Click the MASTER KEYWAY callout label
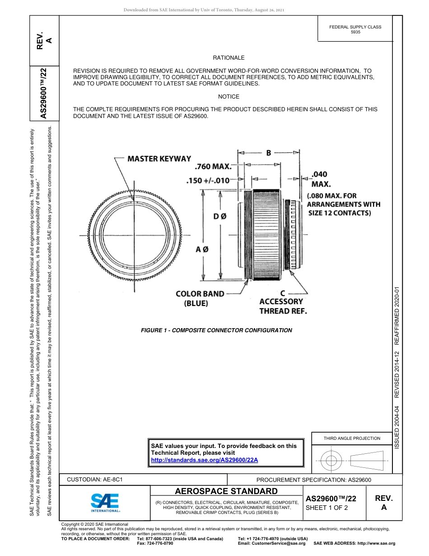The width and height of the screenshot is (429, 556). [159, 159]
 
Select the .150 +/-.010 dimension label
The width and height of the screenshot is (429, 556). [209, 181]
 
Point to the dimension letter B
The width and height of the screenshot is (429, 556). [268, 153]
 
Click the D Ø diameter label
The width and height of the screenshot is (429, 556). [220, 217]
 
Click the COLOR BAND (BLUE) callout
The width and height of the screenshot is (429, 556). [200, 299]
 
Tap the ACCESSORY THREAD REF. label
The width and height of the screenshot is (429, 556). [283, 306]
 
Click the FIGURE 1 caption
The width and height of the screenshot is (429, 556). [216, 330]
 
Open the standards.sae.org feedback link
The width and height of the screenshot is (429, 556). [204, 460]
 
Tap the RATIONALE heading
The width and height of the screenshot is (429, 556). [228, 58]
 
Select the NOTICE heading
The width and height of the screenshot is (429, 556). [228, 97]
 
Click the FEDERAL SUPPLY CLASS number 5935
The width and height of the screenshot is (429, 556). [355, 32]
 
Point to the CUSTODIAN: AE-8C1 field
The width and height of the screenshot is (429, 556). [95, 480]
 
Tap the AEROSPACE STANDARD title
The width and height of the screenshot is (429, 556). [226, 491]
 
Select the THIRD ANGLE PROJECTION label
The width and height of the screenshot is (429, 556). [352, 438]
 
